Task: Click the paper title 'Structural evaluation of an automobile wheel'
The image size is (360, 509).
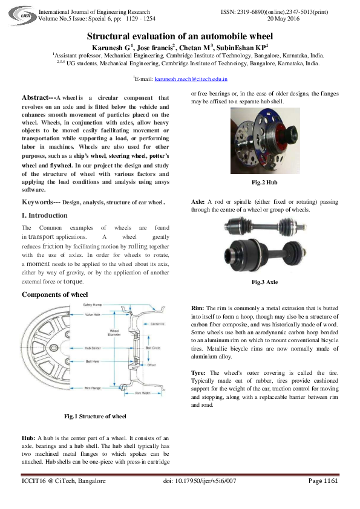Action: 180,37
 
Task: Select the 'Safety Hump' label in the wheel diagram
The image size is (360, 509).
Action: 93,305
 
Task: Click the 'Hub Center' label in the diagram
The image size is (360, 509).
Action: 93,348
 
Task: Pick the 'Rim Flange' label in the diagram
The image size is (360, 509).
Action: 93,387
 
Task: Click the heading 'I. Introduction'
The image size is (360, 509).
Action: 44,215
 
